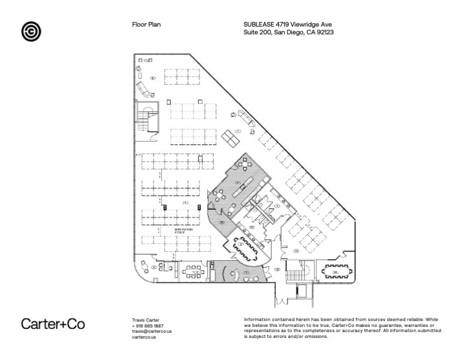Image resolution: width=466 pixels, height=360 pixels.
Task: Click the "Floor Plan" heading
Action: [146, 25]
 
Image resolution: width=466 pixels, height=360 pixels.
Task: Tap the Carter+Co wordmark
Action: [53, 324]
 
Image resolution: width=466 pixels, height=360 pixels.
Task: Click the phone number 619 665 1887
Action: [149, 326]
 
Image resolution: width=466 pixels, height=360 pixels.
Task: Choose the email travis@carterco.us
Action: [151, 331]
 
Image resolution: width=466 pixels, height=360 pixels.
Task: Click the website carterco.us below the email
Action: [144, 337]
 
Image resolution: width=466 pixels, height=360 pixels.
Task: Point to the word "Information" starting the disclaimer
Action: [258, 320]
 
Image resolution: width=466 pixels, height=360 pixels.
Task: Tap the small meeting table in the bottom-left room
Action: [192, 271]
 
